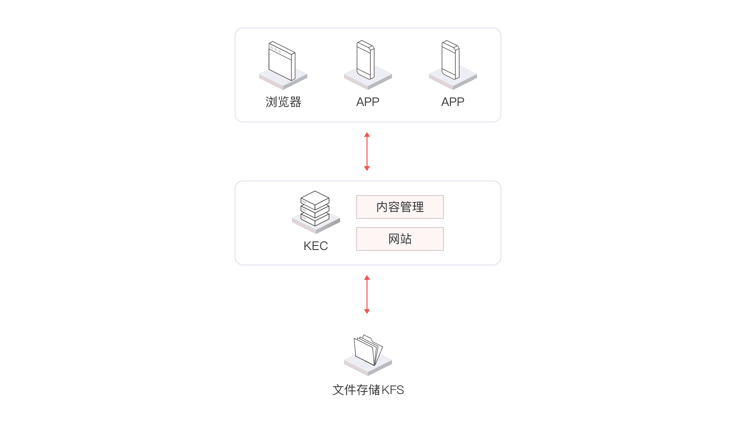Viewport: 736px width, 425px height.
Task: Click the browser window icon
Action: coord(282,61)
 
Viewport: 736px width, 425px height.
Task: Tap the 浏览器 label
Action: coord(283,102)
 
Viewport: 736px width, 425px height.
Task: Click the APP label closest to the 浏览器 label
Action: coord(367,102)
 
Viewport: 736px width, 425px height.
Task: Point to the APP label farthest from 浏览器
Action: coord(452,102)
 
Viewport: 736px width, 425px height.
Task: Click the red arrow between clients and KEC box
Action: coord(367,151)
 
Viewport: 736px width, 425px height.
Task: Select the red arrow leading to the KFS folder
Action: coord(367,294)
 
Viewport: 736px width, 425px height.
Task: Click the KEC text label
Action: coord(315,246)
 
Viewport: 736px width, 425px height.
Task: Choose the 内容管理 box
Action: coord(399,207)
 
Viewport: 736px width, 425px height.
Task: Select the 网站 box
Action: coord(399,239)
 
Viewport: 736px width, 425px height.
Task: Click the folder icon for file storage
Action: coord(368,349)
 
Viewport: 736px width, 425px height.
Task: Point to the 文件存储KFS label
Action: coord(368,390)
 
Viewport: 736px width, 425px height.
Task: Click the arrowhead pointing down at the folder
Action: coord(367,311)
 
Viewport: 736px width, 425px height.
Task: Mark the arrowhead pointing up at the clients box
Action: coord(367,135)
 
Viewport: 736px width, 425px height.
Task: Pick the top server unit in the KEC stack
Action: coord(315,198)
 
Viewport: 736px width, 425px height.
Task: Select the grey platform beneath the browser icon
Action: coord(283,81)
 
